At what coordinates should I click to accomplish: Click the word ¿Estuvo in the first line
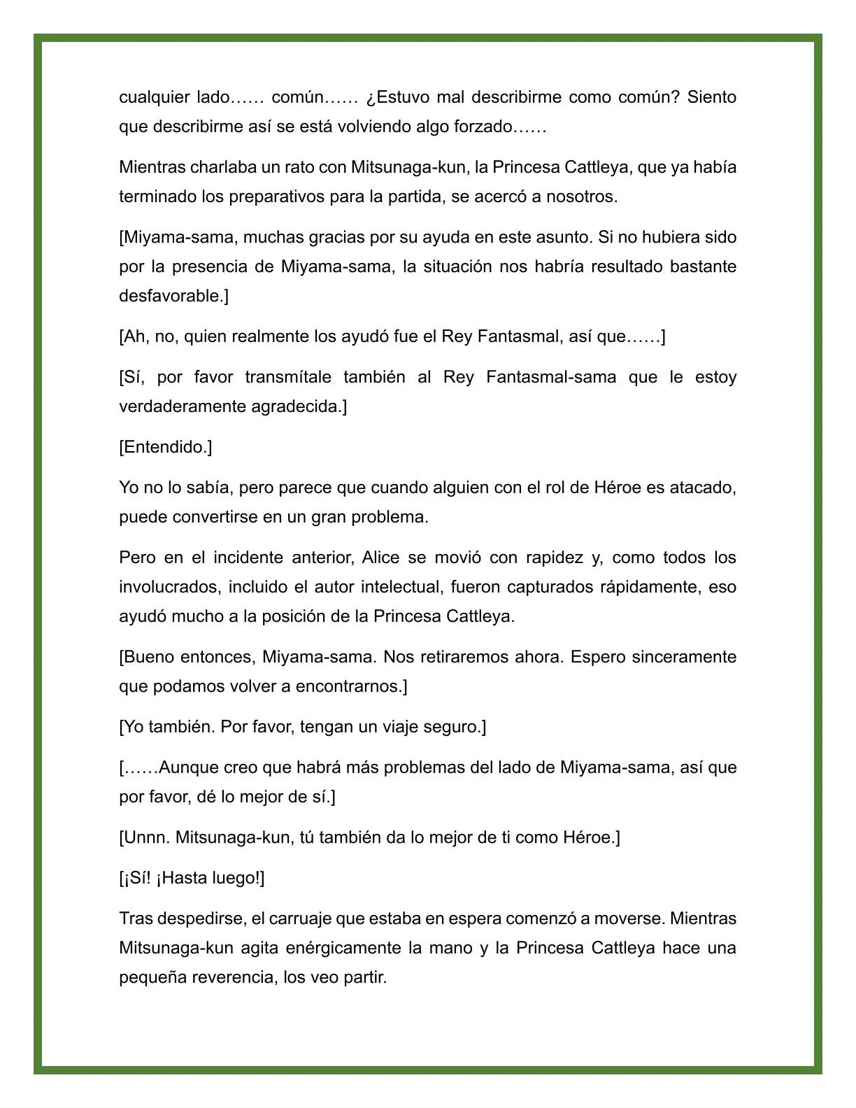[397, 97]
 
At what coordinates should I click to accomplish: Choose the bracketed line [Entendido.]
[166, 447]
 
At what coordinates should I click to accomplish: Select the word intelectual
[399, 587]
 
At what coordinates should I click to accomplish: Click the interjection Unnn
[145, 837]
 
